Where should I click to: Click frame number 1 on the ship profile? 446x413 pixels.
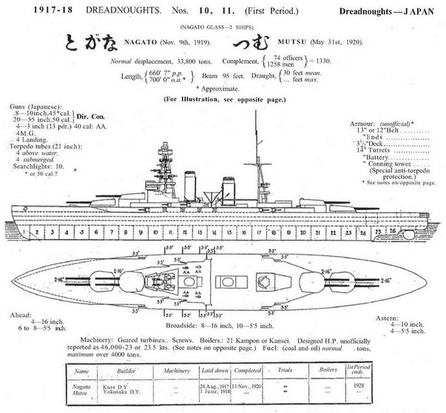26,233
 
